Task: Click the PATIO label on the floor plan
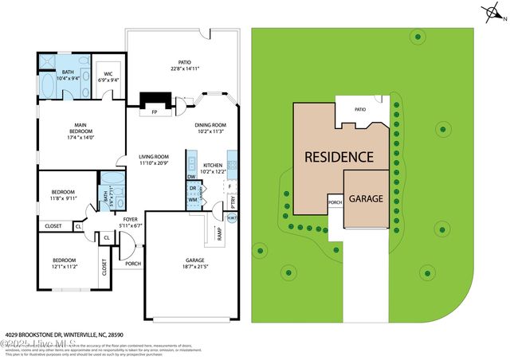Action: (x=184, y=61)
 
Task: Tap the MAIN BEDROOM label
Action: (x=80, y=125)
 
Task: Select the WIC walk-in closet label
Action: (x=108, y=76)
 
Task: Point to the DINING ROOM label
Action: (x=211, y=125)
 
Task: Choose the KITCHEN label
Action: (x=212, y=165)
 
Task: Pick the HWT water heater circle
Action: (x=232, y=218)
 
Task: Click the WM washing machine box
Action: (x=192, y=199)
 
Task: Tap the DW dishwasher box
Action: (x=191, y=176)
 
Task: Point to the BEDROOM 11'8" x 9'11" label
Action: (x=64, y=192)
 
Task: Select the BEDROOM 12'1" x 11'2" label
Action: (x=65, y=260)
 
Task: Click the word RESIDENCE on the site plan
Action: (x=339, y=157)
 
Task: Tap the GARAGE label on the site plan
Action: (x=367, y=198)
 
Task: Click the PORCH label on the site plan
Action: (x=335, y=203)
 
